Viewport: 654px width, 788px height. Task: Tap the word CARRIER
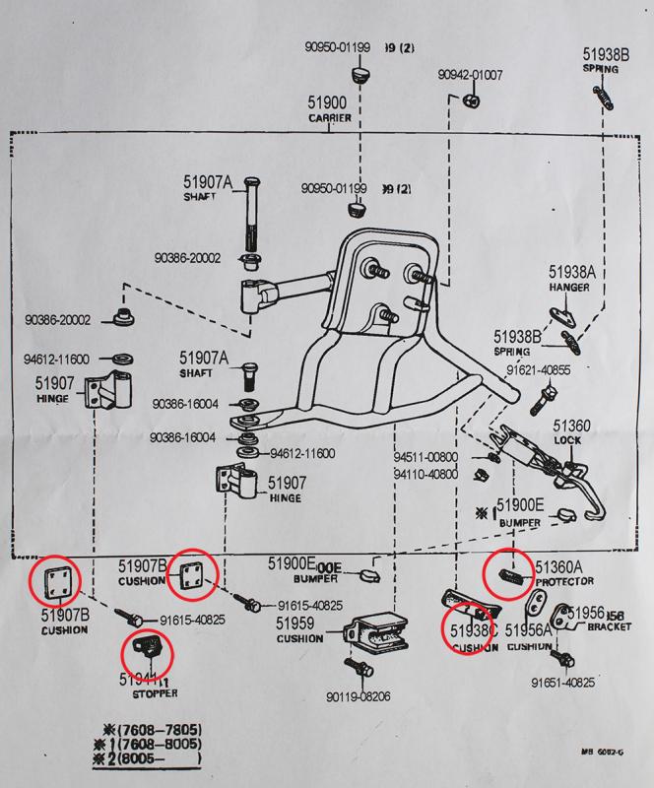click(x=329, y=118)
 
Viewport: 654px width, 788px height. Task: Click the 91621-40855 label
click(x=539, y=370)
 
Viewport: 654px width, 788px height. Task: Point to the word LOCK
click(x=568, y=439)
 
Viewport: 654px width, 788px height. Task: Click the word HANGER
click(x=569, y=288)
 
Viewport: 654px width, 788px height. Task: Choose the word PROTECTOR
click(x=564, y=583)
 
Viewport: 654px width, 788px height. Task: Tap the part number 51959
click(x=295, y=624)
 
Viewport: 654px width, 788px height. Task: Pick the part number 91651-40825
click(x=562, y=682)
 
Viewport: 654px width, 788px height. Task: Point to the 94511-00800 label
click(x=426, y=457)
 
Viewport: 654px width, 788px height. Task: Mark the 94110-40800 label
click(x=426, y=473)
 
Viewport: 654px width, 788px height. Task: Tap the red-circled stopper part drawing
click(x=146, y=650)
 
